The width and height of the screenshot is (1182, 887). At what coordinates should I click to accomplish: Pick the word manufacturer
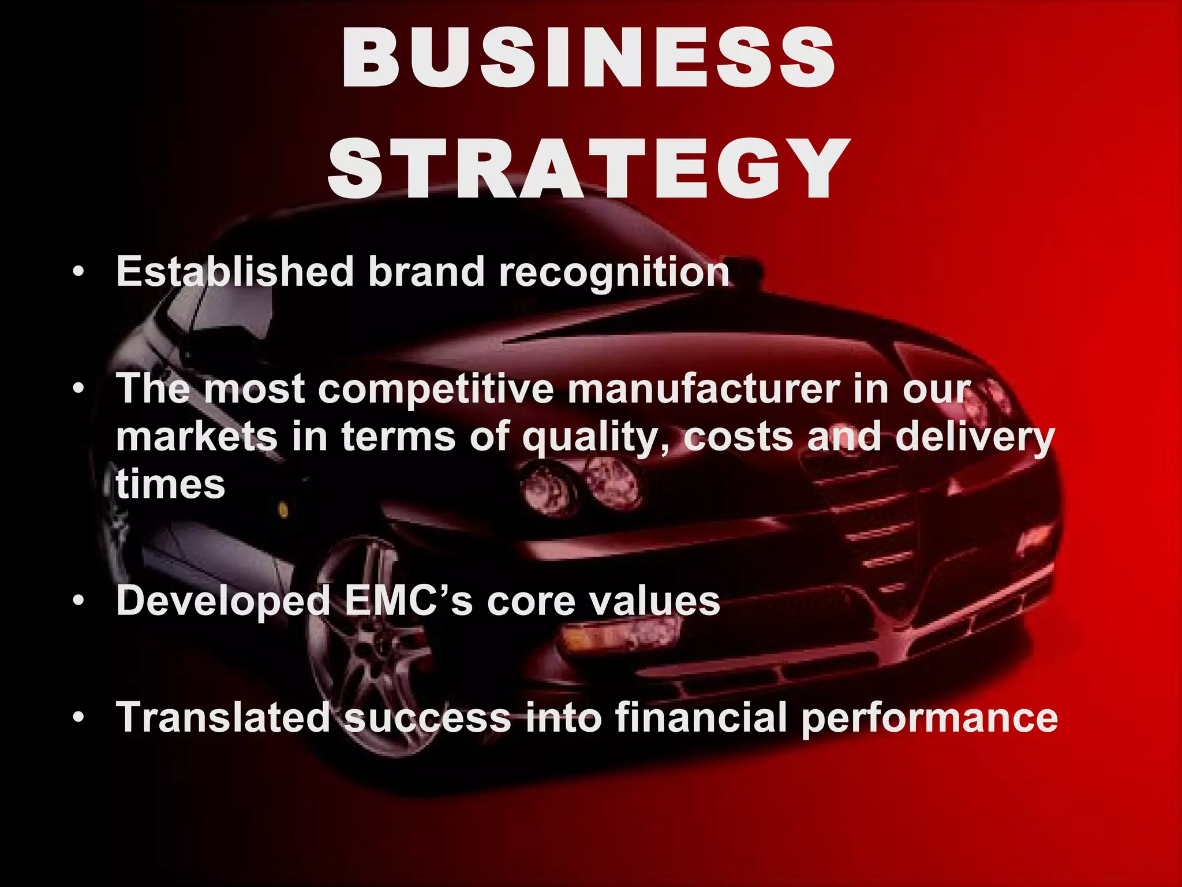[704, 389]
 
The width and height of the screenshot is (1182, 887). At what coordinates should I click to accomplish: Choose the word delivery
[975, 438]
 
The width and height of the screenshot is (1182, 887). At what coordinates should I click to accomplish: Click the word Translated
[223, 717]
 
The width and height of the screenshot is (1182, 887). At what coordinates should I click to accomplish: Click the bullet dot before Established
[78, 271]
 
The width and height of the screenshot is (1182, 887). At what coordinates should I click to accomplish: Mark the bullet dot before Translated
[78, 718]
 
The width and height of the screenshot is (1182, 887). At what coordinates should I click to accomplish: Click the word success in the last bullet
[427, 718]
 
